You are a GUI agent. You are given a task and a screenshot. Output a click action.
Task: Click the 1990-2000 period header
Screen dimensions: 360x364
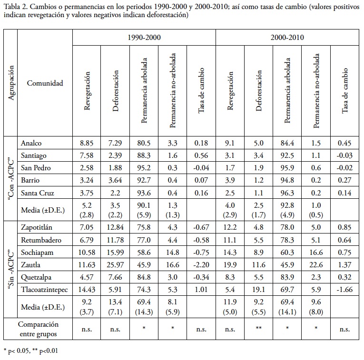tap(144, 37)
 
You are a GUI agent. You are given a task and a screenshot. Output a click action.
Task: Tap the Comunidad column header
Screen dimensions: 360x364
tap(45, 83)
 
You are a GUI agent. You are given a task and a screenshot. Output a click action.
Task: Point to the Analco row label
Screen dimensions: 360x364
tap(32, 143)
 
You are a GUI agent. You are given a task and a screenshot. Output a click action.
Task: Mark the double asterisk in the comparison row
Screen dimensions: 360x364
tap(259, 328)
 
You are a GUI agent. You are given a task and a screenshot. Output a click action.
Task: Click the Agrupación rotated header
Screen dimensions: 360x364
tap(10, 83)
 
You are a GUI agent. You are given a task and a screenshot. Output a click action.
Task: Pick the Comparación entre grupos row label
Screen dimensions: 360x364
tap(39, 328)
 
